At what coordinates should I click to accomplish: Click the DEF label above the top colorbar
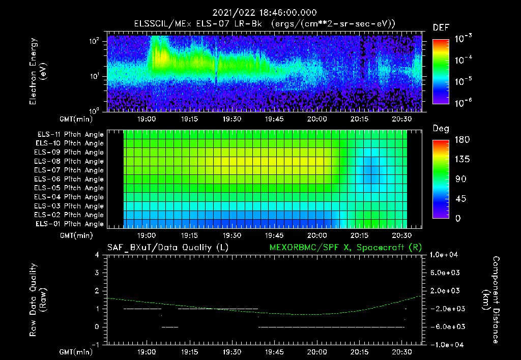[x=441, y=27]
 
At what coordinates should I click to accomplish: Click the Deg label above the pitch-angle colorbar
[x=441, y=129]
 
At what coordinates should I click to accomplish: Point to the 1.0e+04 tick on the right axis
[x=445, y=255]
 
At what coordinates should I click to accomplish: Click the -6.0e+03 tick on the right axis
[x=445, y=326]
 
